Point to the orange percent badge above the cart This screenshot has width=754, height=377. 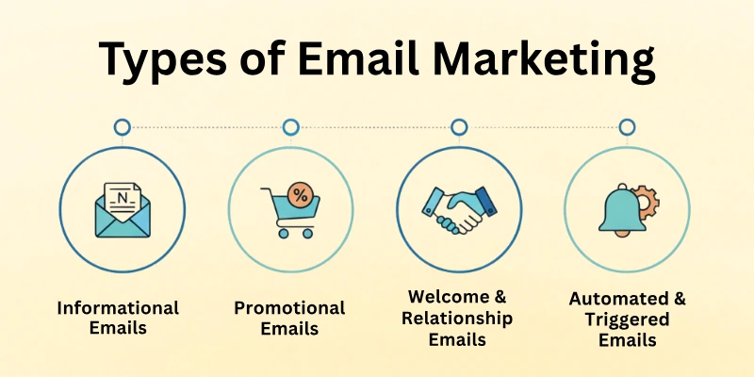(x=301, y=195)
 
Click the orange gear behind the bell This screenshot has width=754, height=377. (x=645, y=200)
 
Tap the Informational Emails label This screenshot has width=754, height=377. (x=118, y=319)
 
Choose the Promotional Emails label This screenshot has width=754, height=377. (x=289, y=319)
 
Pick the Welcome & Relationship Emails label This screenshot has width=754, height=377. (x=457, y=318)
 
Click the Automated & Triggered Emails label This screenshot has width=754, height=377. (x=628, y=319)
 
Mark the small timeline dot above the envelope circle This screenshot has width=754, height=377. (x=122, y=126)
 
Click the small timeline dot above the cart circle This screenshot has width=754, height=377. (x=290, y=126)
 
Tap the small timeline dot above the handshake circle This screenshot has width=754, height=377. (x=459, y=126)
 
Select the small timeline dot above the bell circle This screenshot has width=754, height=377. (x=627, y=126)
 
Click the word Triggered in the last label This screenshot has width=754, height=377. (x=628, y=320)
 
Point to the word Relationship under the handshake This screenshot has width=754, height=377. (x=457, y=319)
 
